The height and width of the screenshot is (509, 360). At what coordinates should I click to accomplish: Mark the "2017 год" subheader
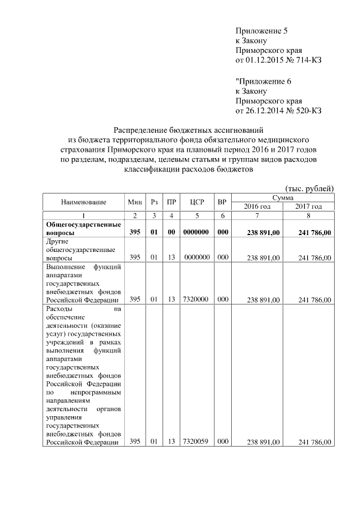(308, 206)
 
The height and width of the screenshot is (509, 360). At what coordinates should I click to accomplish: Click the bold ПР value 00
(171, 232)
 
